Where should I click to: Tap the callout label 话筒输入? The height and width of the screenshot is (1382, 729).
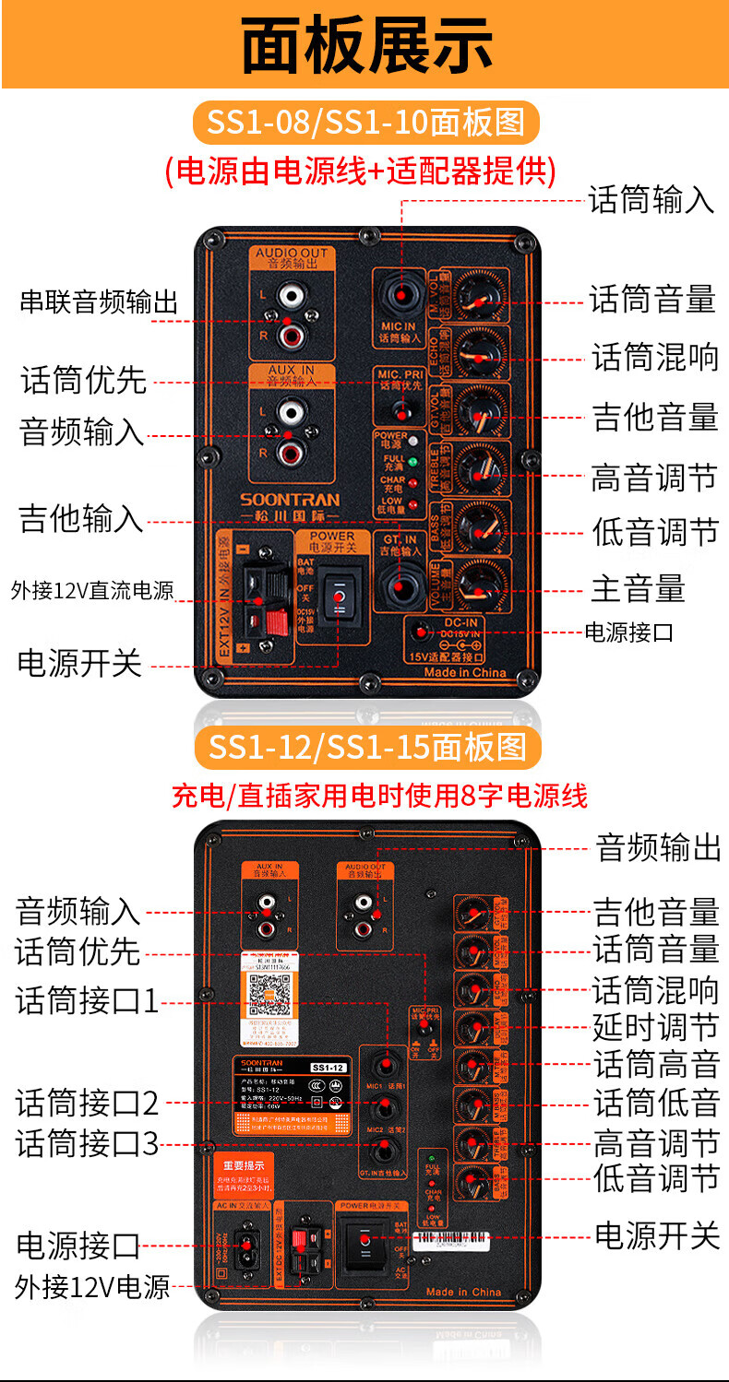click(x=651, y=199)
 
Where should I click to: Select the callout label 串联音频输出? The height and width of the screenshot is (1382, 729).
click(x=100, y=302)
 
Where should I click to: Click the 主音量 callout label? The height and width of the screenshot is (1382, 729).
click(x=638, y=588)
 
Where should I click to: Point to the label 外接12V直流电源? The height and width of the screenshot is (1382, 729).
click(x=93, y=591)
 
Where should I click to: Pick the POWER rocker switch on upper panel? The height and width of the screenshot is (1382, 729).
click(x=340, y=597)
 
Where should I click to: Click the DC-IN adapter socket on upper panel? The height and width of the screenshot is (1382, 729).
click(x=423, y=632)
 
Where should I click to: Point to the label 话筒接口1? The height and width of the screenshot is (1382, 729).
click(x=88, y=1001)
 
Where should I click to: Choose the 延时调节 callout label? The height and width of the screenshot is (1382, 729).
click(x=655, y=1026)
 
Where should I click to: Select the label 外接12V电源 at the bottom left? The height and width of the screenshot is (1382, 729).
click(x=92, y=1286)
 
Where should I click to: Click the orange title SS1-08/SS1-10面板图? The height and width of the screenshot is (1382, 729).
click(x=365, y=123)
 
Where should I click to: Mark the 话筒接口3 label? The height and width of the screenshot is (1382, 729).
click(x=88, y=1144)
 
